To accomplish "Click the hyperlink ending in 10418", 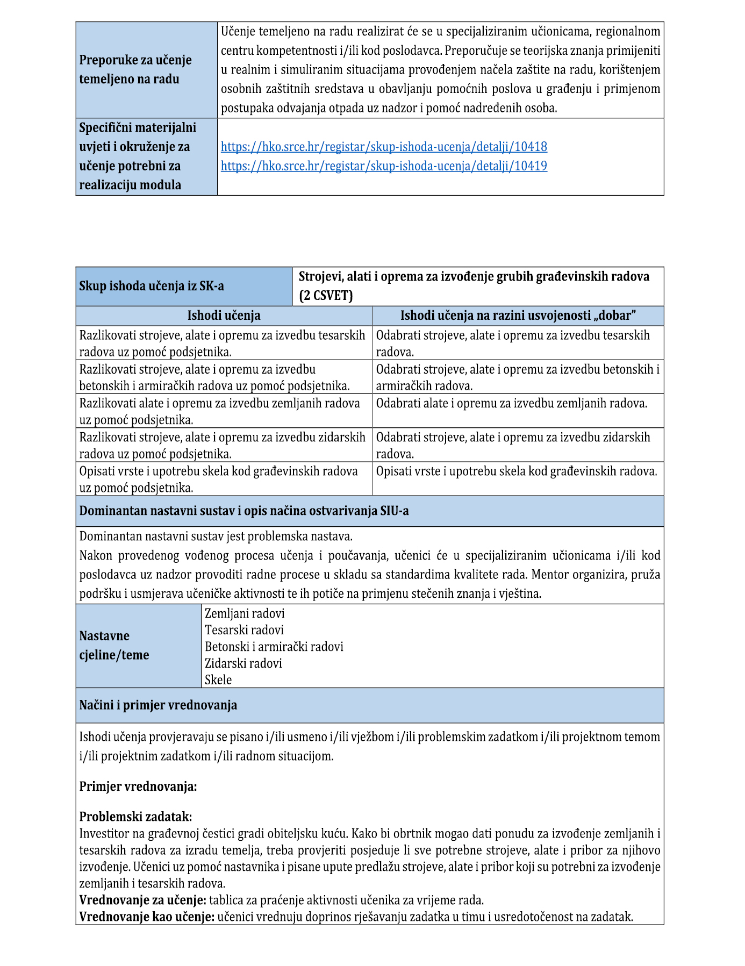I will pos(384,147).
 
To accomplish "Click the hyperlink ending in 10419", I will pos(384,166).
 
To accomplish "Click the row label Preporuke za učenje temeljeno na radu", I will pos(135,69).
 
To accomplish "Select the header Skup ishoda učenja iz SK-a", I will pos(152,286).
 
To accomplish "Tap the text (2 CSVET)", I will pos(326,296).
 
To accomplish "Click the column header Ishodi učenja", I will pos(224,316).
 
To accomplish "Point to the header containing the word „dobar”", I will pos(518,316).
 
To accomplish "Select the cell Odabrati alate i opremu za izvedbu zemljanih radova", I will pos(511,403).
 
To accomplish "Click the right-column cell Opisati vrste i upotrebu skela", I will pos(516,471).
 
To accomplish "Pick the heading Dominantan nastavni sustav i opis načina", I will pos(244,511).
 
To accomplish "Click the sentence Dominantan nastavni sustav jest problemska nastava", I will pos(216,536).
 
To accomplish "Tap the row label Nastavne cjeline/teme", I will pos(114,646).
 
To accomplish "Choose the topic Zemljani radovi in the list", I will pos(245,613).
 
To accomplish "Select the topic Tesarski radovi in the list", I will pos(244,630).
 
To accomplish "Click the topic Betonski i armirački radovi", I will pos(274,647).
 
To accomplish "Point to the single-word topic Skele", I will pos(218,680).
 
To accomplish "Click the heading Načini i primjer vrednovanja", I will pos(158,705).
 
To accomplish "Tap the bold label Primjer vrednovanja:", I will pos(138,787).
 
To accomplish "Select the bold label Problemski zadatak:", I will pos(135,817).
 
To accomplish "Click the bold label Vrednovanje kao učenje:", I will pos(147,917).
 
